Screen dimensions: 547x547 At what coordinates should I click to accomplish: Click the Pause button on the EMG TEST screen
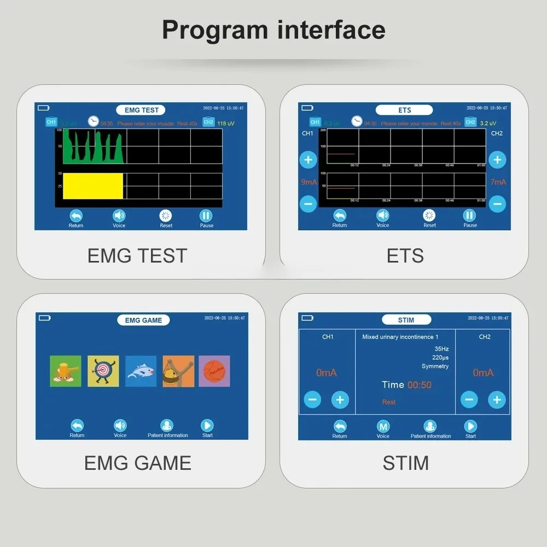(x=206, y=216)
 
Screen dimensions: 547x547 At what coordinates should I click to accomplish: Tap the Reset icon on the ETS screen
(x=429, y=216)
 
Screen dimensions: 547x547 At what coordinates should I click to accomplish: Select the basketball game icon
(x=214, y=371)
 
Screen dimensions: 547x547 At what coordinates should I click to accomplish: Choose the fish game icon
(x=141, y=371)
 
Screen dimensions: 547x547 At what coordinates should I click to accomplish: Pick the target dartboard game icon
(x=103, y=371)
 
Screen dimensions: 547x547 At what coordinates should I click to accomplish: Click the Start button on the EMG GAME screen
(x=207, y=426)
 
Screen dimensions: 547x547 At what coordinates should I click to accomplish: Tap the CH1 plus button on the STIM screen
(x=340, y=399)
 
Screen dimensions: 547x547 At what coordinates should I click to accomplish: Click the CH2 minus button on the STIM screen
(x=469, y=399)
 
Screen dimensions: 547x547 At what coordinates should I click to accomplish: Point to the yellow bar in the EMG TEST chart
(x=92, y=186)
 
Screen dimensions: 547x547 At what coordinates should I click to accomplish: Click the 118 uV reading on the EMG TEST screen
(x=225, y=124)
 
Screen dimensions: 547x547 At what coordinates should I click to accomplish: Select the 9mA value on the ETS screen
(x=309, y=182)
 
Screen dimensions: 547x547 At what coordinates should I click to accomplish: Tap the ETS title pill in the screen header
(x=405, y=110)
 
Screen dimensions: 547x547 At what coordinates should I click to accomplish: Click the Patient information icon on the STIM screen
(x=430, y=426)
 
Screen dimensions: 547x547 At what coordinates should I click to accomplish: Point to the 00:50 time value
(x=420, y=385)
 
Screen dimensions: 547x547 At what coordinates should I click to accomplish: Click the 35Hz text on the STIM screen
(x=441, y=349)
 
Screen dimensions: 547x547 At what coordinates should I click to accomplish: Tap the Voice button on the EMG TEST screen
(x=119, y=216)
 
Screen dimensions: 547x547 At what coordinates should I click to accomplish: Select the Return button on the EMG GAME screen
(x=77, y=426)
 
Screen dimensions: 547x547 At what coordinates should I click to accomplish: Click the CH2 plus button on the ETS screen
(x=497, y=160)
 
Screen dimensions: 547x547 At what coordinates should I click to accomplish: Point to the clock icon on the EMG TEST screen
(x=94, y=121)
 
